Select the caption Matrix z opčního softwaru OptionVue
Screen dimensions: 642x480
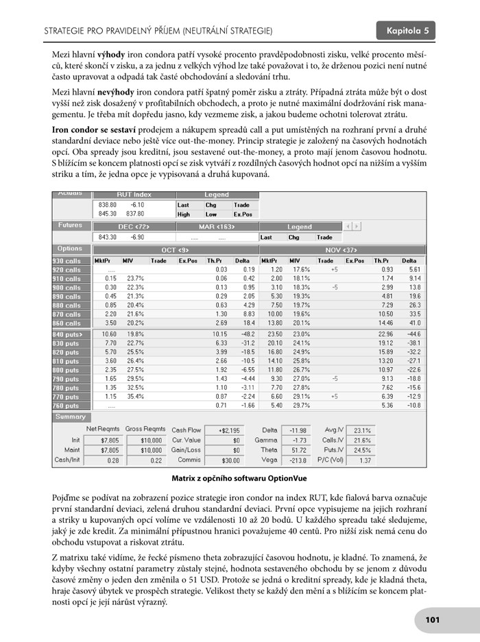point(240,477)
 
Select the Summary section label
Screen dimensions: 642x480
point(71,417)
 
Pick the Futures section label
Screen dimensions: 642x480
point(70,225)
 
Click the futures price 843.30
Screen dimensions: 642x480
point(106,237)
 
